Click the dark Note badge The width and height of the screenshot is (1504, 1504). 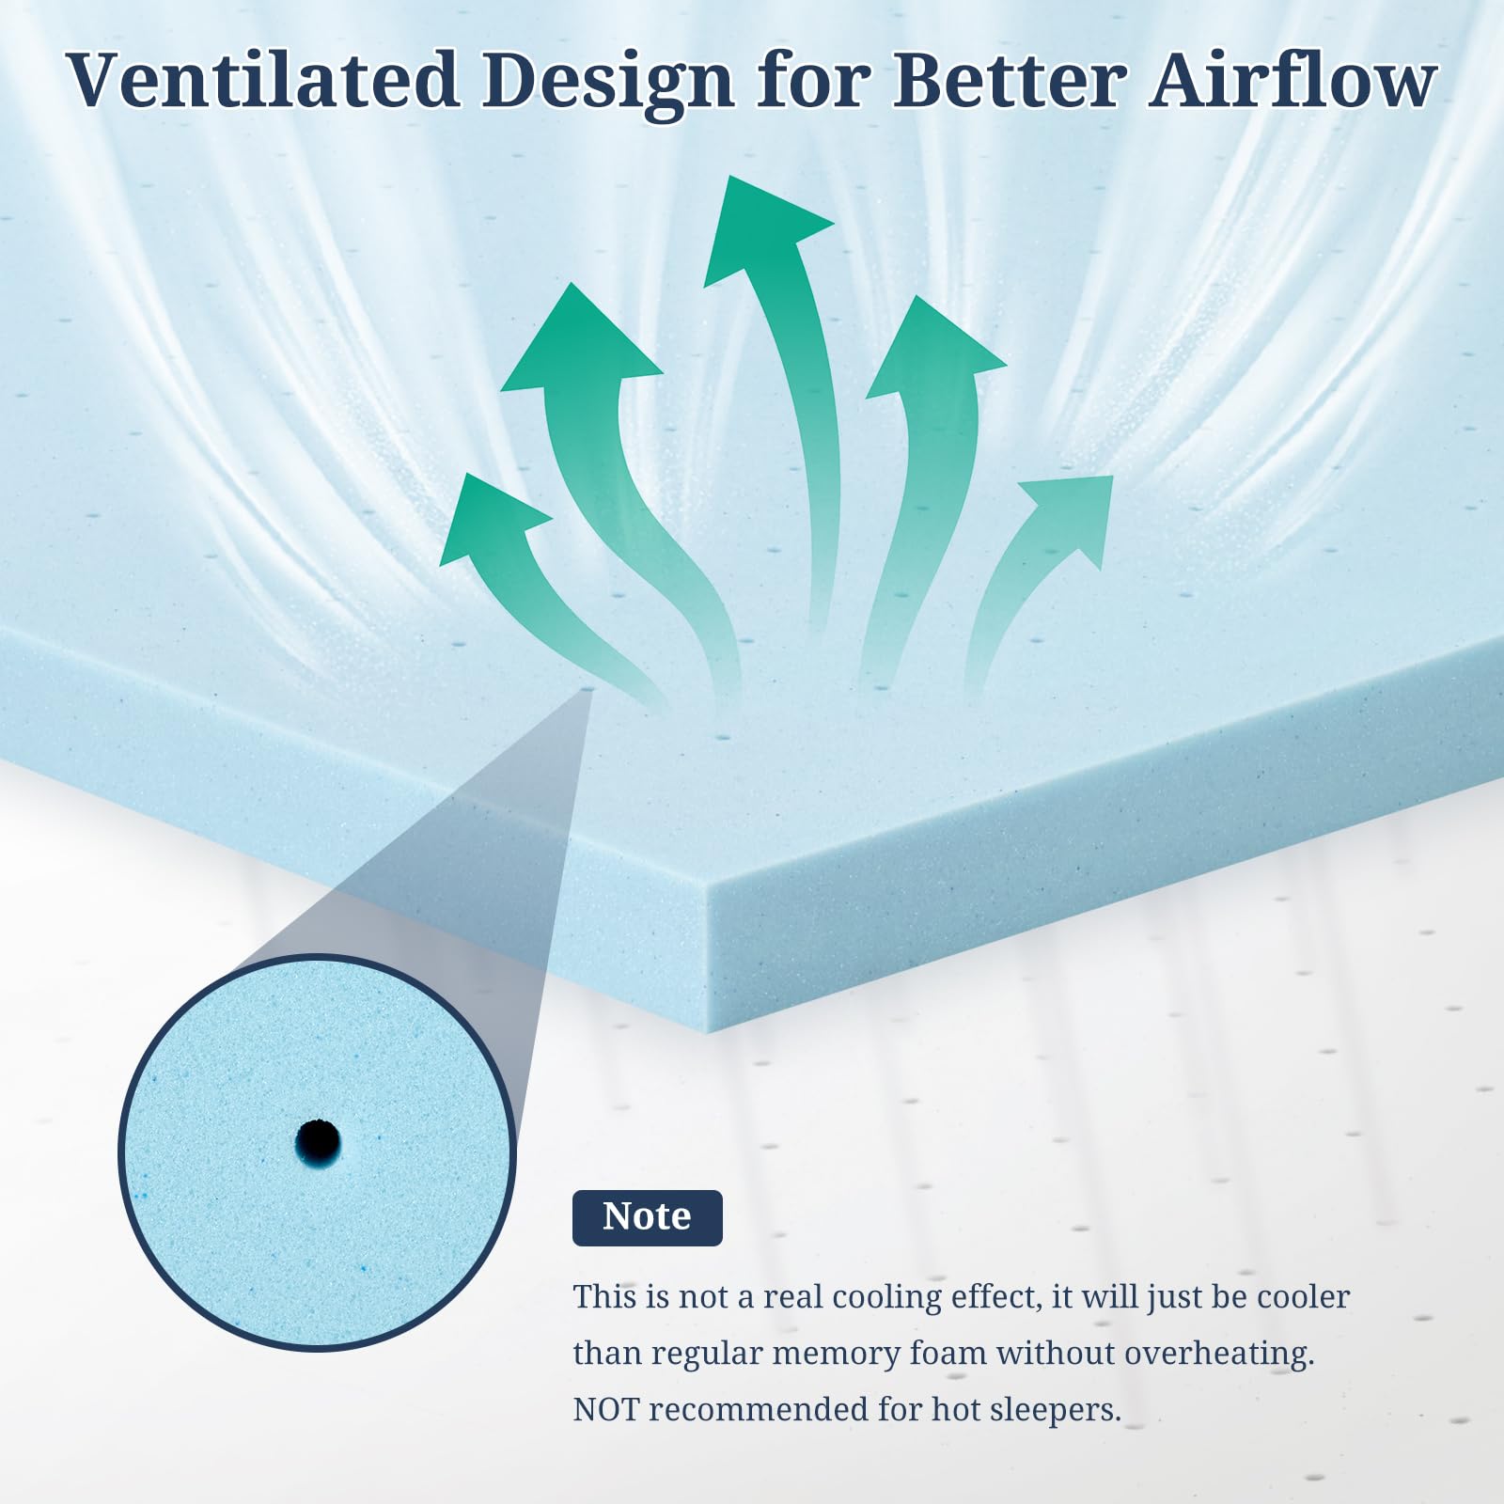tap(647, 1217)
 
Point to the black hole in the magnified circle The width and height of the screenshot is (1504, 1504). tap(318, 1142)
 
